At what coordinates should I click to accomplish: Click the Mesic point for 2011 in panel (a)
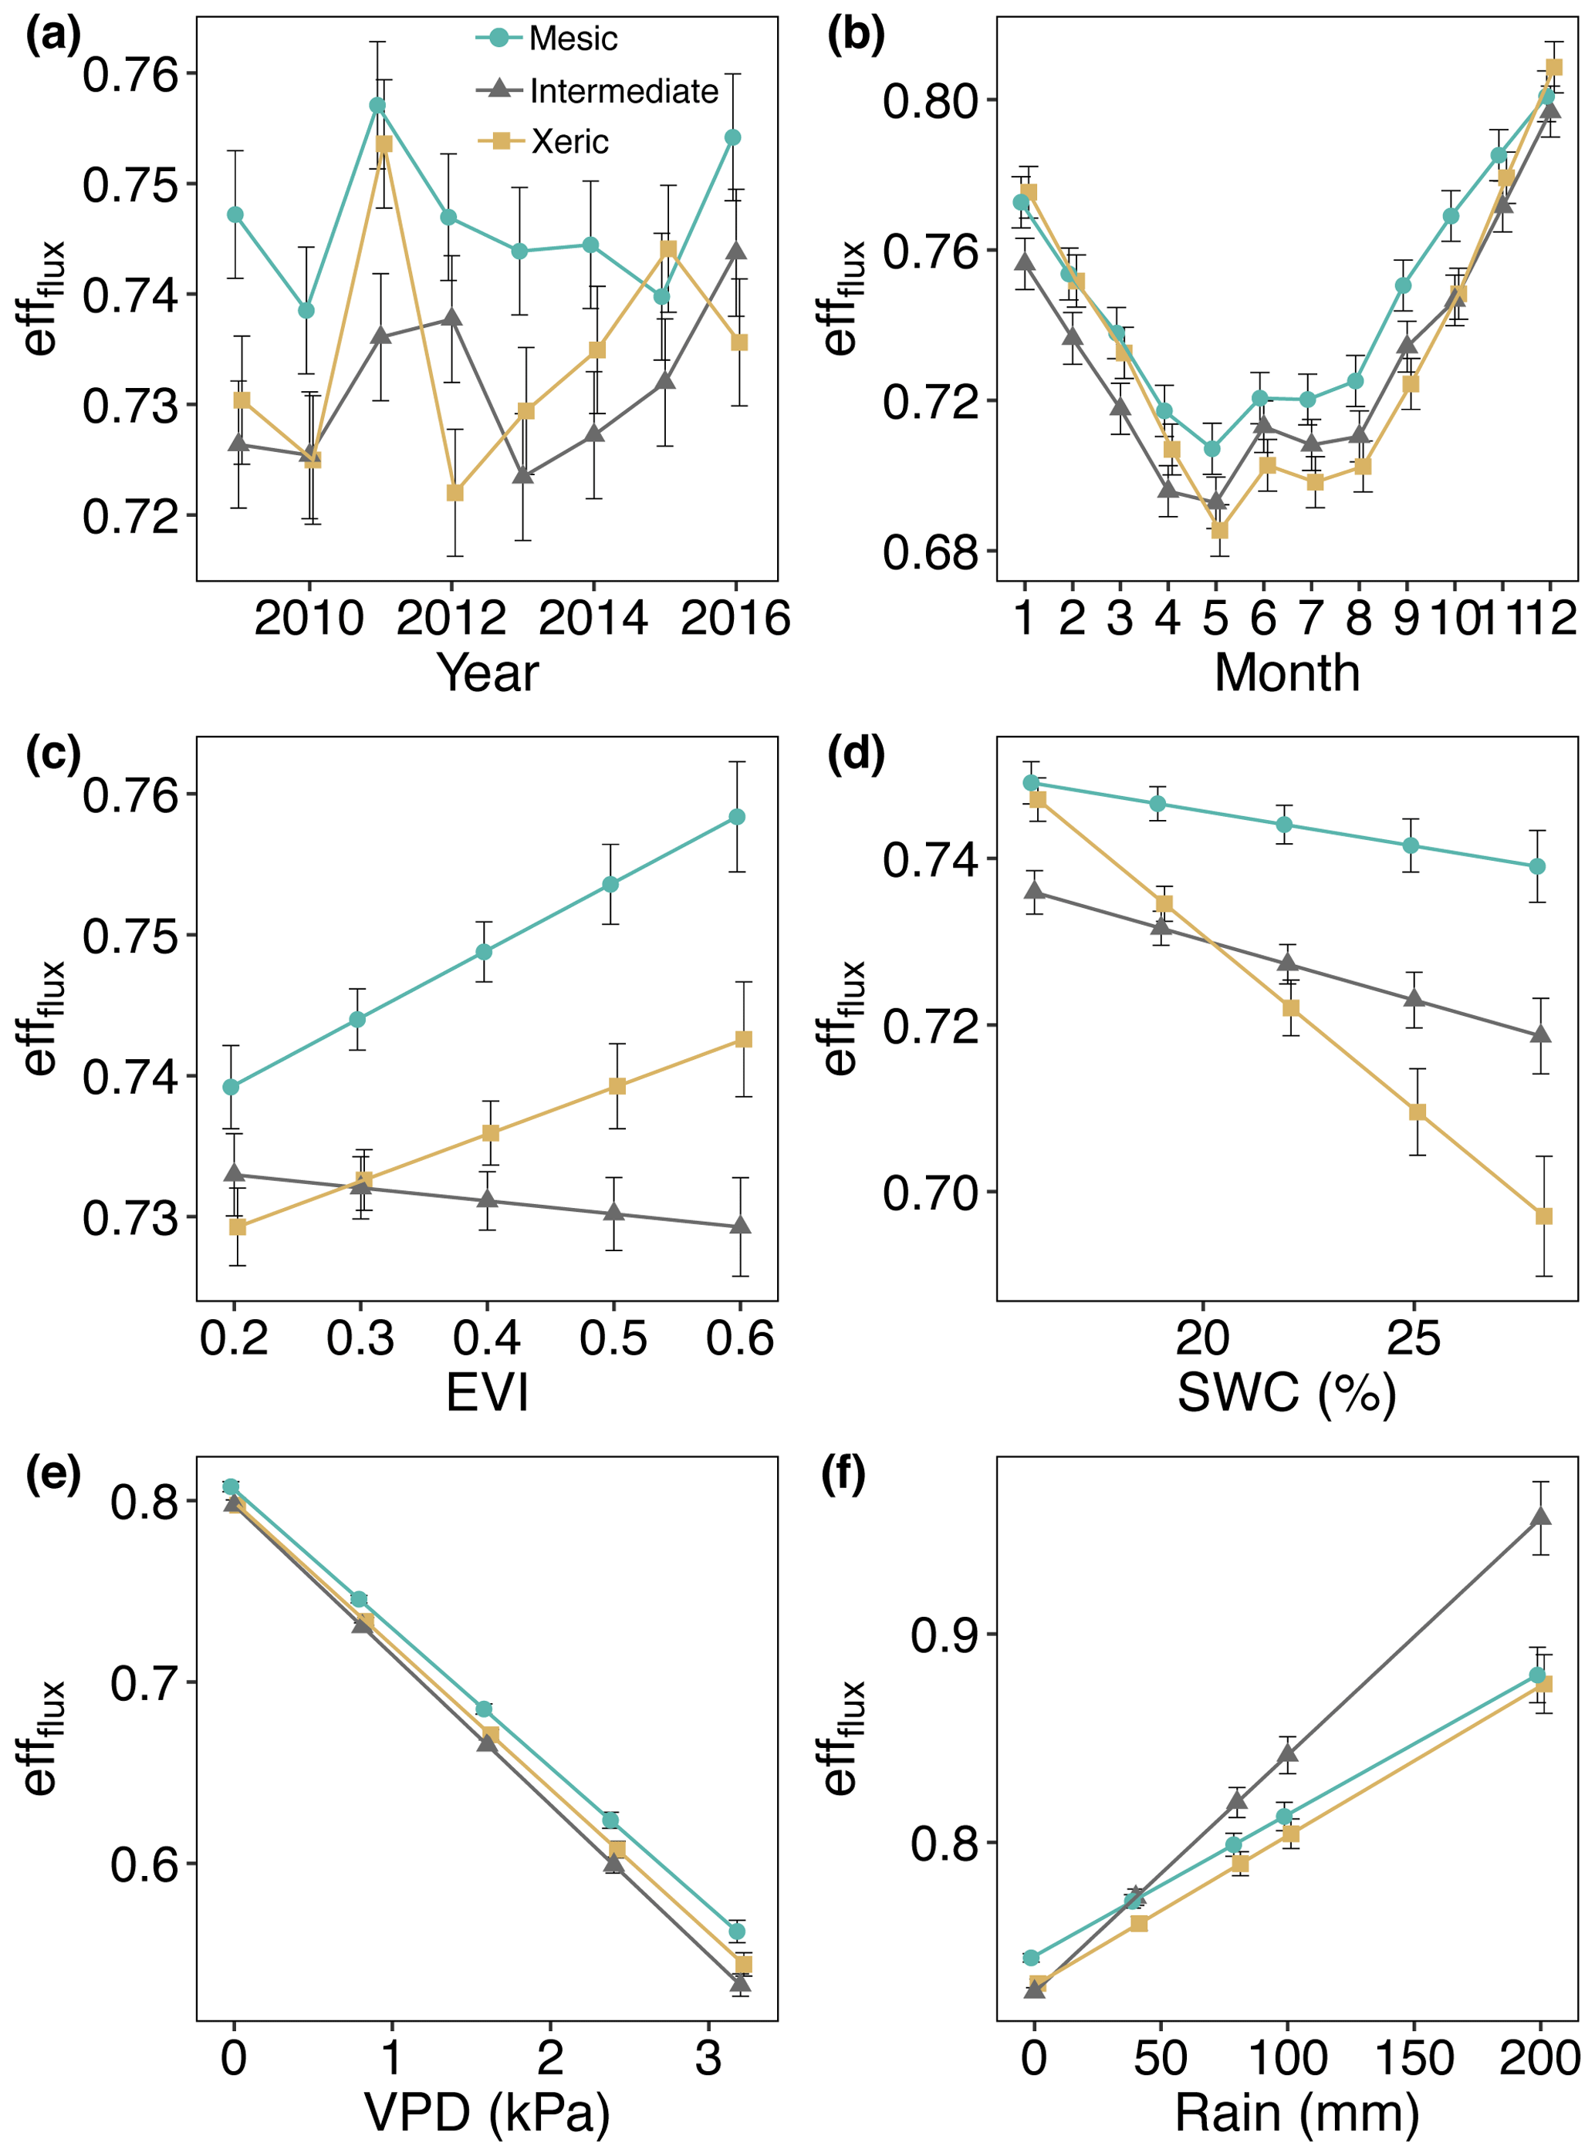pos(377,105)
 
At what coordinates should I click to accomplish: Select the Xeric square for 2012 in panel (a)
pos(455,492)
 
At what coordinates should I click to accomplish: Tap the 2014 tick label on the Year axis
pos(593,619)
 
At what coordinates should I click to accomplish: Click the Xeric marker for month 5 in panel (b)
pos(1219,530)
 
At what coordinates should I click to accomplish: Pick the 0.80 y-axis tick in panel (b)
pos(931,100)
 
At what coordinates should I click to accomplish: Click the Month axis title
pos(1286,673)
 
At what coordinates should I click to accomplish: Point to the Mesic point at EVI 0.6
pos(737,818)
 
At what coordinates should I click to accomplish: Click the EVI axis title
pos(487,1392)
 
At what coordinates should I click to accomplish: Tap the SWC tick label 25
pos(1414,1338)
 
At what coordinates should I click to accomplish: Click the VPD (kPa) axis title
pos(487,2113)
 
